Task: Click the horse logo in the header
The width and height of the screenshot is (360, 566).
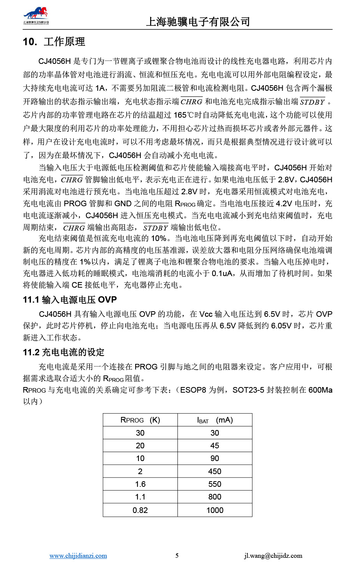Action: tap(36, 15)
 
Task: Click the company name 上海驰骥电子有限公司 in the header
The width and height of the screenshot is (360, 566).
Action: tap(198, 22)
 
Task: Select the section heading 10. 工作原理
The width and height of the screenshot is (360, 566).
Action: tap(54, 41)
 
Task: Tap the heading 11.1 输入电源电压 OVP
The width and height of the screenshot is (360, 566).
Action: tap(70, 300)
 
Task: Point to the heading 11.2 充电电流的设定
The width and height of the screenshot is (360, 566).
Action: tap(63, 352)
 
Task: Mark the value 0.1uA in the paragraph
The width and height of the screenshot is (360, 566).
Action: tap(222, 273)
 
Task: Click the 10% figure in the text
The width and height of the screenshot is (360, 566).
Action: tap(159, 238)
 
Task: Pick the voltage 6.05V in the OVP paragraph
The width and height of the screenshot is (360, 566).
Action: tap(281, 326)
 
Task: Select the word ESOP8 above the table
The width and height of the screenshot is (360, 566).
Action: tap(193, 390)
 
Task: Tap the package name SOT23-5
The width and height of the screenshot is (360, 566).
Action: tap(248, 390)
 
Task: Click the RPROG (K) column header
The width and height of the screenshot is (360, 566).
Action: tap(140, 420)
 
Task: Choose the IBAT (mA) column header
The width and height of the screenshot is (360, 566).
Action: tap(215, 420)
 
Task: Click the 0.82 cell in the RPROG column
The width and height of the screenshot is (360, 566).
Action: tap(140, 510)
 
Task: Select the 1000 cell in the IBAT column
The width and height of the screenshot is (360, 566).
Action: tap(215, 510)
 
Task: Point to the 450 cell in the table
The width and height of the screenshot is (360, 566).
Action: tap(215, 471)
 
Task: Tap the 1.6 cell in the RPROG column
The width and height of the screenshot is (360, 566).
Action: tap(140, 484)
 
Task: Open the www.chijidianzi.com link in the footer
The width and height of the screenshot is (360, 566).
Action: tap(78, 556)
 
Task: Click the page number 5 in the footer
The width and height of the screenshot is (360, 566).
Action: tap(177, 556)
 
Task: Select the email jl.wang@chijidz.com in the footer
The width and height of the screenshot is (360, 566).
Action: tap(273, 556)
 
